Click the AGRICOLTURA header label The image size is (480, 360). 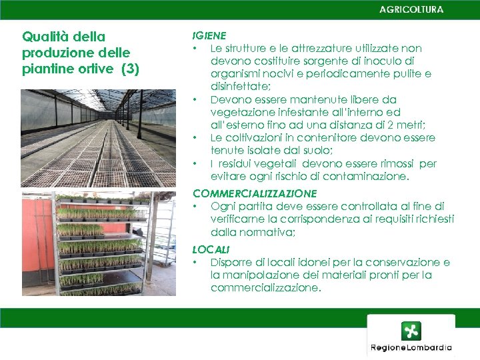click(x=411, y=9)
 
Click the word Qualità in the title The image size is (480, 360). click(x=45, y=37)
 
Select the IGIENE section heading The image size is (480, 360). click(x=209, y=35)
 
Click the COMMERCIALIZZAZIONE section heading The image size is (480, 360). click(x=254, y=193)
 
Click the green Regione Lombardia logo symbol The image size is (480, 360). click(x=411, y=331)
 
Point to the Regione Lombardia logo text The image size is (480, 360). click(x=411, y=347)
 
